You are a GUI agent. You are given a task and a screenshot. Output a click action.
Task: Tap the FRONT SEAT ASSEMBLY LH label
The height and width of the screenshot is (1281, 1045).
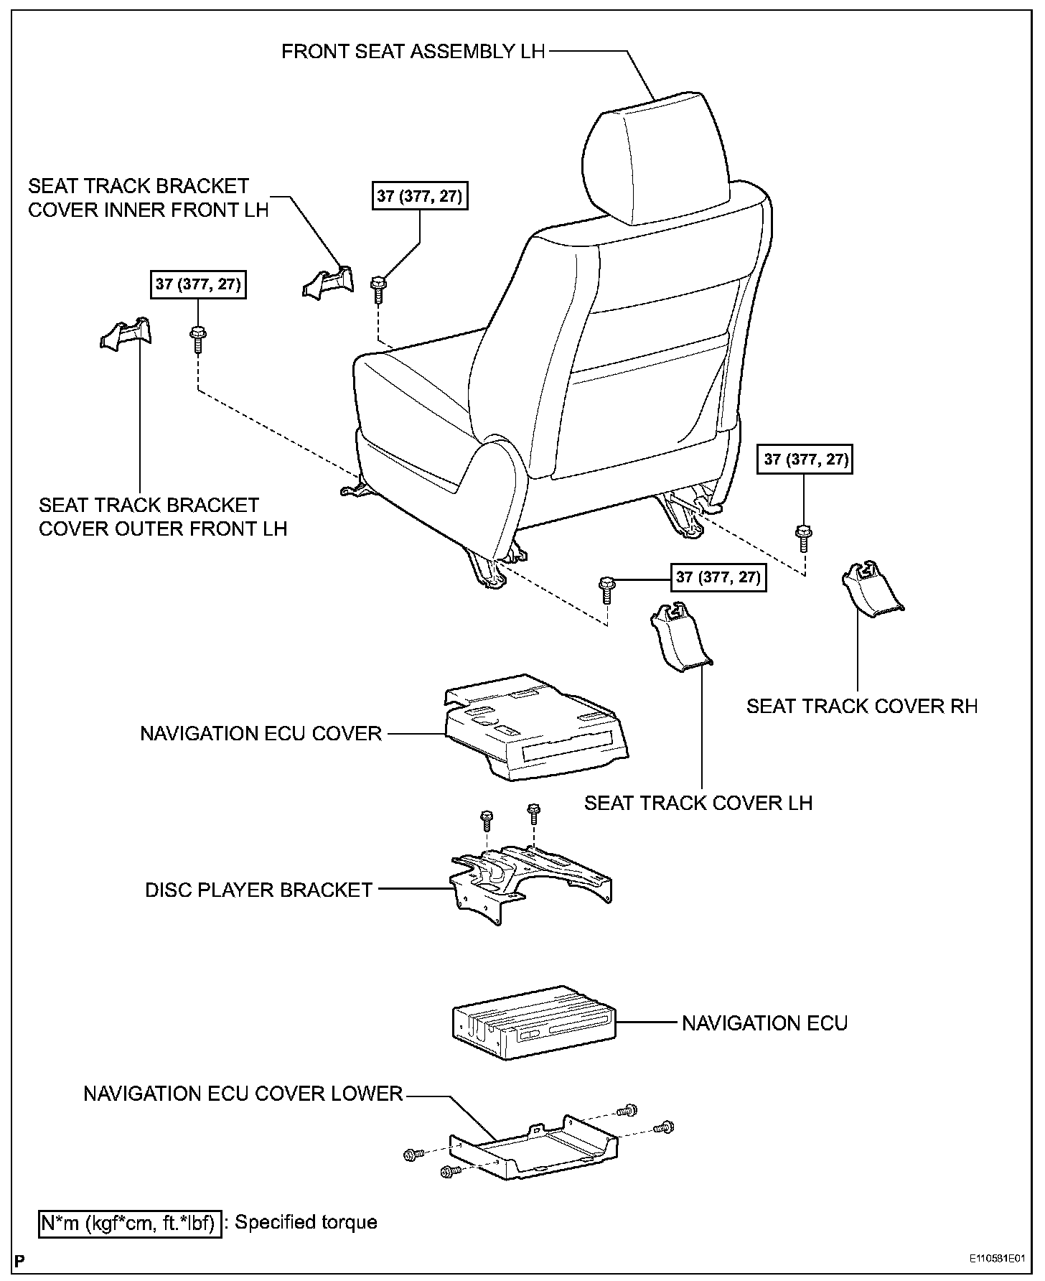(413, 52)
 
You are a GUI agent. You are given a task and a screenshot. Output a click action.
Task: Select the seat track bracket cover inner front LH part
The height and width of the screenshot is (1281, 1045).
(328, 283)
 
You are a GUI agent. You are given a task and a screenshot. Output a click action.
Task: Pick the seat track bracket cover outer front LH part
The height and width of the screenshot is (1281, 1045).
(126, 334)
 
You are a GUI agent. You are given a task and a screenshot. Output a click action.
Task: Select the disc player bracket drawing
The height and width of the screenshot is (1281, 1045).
(531, 880)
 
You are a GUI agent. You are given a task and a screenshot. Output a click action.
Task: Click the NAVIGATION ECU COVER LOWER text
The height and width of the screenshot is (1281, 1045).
(243, 1094)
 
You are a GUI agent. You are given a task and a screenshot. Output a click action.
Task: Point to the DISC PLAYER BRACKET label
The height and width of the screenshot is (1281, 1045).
(258, 890)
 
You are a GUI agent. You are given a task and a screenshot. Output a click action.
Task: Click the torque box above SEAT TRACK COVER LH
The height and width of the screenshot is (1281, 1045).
(718, 577)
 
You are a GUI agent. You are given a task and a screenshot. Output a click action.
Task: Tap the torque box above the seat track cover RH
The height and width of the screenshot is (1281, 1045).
(806, 459)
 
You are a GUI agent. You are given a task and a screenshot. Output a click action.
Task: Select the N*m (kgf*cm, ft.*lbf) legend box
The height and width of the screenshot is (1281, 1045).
(128, 1222)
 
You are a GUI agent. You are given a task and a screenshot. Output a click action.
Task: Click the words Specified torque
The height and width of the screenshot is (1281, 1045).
(306, 1221)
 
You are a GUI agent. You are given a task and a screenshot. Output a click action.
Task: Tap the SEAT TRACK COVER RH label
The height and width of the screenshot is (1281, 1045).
(862, 706)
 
